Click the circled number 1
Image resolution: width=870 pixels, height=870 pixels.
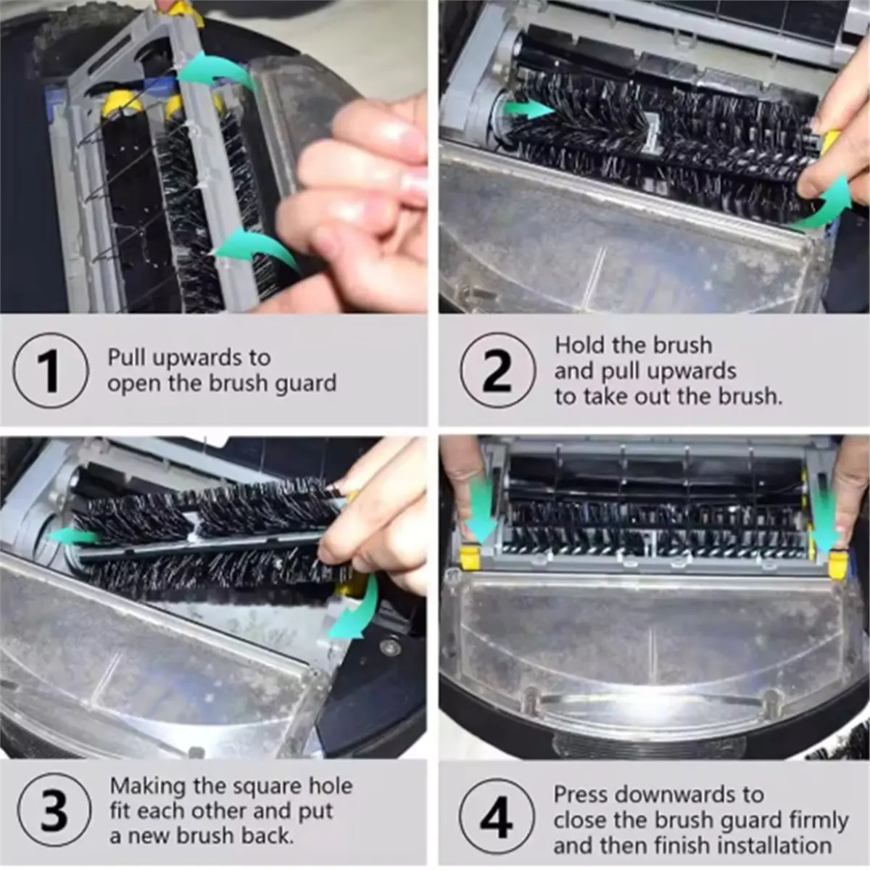click(51, 370)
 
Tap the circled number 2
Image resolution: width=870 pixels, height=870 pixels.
click(498, 370)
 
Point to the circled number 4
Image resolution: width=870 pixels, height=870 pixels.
click(497, 816)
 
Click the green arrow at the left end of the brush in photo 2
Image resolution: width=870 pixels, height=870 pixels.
click(529, 109)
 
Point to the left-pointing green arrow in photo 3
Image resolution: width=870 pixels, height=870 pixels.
click(72, 536)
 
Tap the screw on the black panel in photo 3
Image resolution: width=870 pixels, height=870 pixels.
click(385, 647)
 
